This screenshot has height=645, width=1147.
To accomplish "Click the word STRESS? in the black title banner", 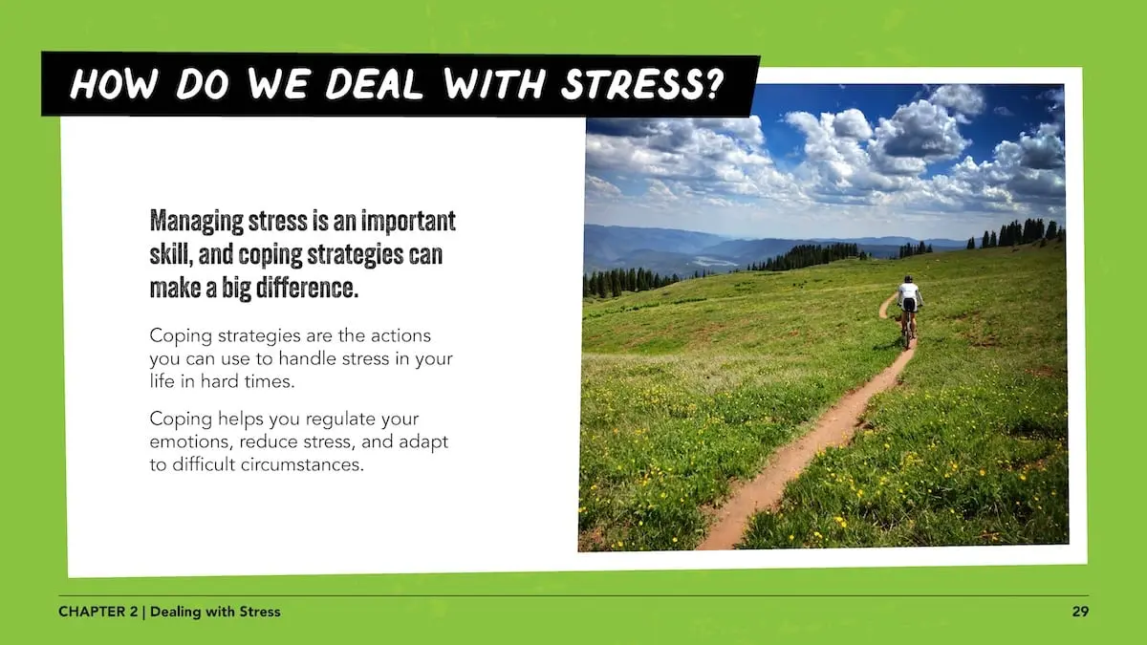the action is click(642, 84).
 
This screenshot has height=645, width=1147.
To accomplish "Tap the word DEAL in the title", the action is click(374, 83).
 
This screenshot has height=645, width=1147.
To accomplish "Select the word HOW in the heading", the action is click(113, 83).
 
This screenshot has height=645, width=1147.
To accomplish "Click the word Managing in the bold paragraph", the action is click(197, 221).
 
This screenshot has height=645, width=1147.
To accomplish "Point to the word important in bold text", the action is click(408, 221).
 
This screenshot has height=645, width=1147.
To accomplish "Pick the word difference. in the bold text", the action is click(307, 288).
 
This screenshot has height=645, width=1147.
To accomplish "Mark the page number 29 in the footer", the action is click(1080, 612).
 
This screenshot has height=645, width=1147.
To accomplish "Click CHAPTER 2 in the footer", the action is click(97, 612).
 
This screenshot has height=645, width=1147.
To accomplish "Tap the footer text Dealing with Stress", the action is click(215, 612).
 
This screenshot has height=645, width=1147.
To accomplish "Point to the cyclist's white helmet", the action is click(908, 278).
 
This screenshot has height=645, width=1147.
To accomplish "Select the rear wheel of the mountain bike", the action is click(908, 335).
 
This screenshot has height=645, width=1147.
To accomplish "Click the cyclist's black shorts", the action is click(908, 305).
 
